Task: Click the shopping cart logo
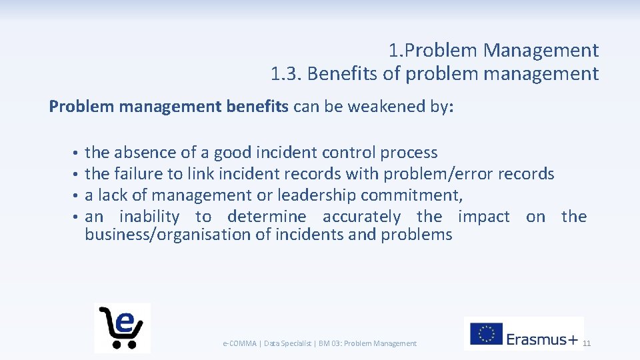point(122,327)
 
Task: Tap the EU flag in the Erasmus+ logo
point(487,334)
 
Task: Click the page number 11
point(587,343)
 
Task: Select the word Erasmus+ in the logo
point(542,339)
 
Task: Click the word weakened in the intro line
point(363,107)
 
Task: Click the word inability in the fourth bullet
point(150,217)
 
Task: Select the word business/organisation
point(169,235)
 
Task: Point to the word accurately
point(361,217)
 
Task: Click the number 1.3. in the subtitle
point(287,73)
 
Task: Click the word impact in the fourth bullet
point(483,217)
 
